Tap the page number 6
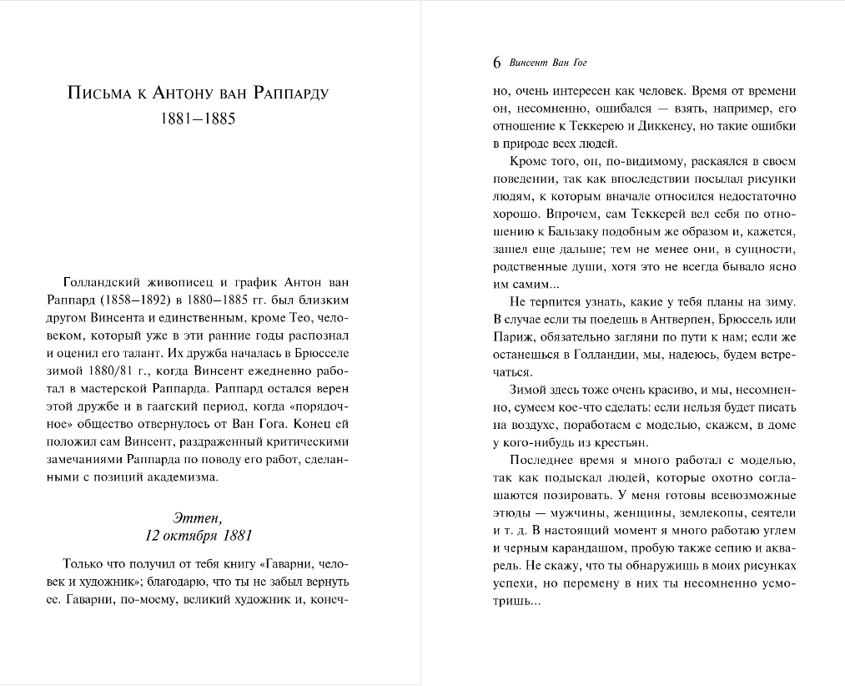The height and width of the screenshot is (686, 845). (x=497, y=63)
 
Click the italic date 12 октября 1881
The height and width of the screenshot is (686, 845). (x=198, y=535)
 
